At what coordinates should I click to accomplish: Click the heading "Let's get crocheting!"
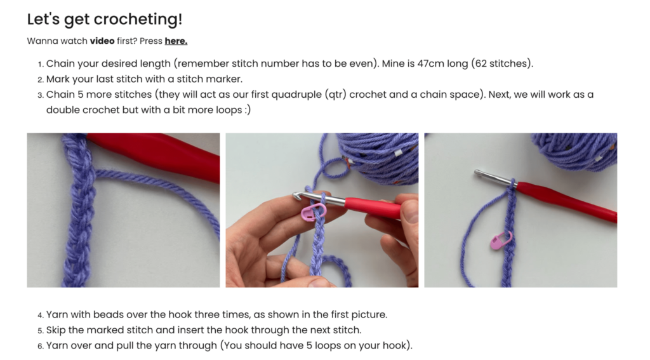coord(105,19)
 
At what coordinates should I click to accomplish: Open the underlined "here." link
coord(176,41)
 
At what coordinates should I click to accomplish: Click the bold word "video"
coord(102,41)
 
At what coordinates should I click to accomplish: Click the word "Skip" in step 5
coord(57,330)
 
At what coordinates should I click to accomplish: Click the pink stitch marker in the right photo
coord(501,241)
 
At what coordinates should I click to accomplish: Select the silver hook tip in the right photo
coord(482,174)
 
